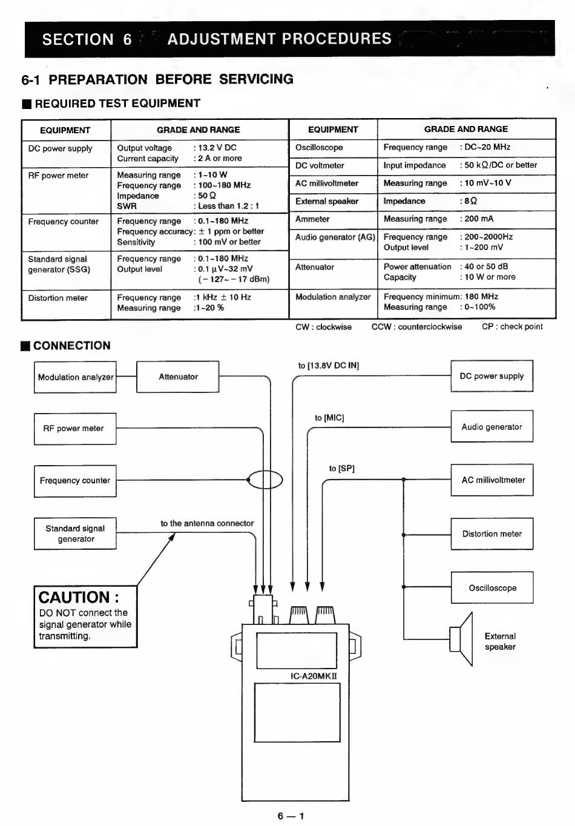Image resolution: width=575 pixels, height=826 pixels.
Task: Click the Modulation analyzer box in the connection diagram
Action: click(75, 377)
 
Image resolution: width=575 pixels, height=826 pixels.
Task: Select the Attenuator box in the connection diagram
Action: click(178, 377)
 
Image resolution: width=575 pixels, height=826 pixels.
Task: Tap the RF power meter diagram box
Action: click(75, 429)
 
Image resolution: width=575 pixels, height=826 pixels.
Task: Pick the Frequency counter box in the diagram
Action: click(75, 481)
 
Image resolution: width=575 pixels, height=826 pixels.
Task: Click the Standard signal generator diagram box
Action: click(75, 534)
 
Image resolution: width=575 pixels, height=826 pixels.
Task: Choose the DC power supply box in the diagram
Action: click(491, 376)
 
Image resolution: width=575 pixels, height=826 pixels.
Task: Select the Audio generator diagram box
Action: click(491, 427)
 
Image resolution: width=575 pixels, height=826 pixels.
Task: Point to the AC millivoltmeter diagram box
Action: click(493, 480)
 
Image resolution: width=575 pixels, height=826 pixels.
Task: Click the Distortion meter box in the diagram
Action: click(491, 534)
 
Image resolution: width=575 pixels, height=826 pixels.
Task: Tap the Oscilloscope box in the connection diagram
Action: click(492, 588)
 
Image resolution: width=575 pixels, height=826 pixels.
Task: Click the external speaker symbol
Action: click(462, 639)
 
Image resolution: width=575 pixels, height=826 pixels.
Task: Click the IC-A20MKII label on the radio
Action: click(314, 676)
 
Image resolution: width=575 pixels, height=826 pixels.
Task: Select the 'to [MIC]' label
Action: click(329, 418)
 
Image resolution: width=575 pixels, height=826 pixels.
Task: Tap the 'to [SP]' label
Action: click(342, 469)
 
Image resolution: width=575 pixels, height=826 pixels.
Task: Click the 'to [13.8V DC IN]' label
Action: click(329, 366)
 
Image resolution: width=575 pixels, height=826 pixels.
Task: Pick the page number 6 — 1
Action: click(291, 816)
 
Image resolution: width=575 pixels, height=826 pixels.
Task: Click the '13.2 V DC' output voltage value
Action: click(217, 148)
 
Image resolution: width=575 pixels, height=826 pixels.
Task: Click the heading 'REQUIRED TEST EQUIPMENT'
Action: click(117, 104)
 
